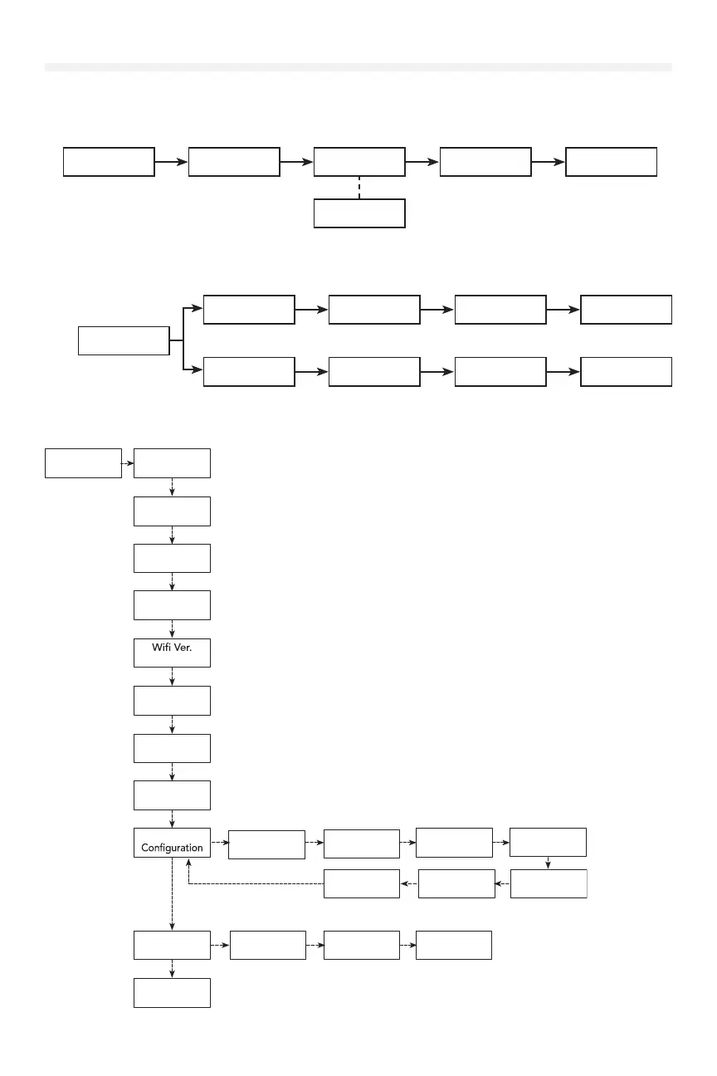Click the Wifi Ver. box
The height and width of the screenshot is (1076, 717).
[x=172, y=652]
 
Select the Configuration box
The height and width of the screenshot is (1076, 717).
[x=172, y=842]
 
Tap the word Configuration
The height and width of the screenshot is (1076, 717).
[x=172, y=848]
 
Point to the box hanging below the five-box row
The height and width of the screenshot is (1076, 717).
[x=359, y=213]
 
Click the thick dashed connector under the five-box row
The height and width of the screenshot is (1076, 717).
[x=359, y=187]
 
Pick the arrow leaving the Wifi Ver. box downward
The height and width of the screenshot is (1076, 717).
[x=172, y=676]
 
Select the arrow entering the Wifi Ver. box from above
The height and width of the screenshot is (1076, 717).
[x=172, y=628]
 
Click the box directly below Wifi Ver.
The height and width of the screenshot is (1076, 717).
[x=172, y=700]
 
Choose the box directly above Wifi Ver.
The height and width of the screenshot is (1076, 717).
[x=172, y=604]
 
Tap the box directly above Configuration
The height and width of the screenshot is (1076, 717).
[x=172, y=795]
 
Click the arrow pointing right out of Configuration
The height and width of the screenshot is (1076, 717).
[x=219, y=842]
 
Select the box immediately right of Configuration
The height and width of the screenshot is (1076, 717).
[x=266, y=845]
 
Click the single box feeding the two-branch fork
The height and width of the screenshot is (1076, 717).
[x=124, y=340]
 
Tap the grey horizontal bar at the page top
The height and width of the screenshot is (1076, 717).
[x=358, y=66]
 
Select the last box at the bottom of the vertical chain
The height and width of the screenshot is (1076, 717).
[x=172, y=993]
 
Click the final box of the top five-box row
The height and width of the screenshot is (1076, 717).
[x=611, y=162]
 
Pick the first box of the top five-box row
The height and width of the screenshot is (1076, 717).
[x=109, y=162]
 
